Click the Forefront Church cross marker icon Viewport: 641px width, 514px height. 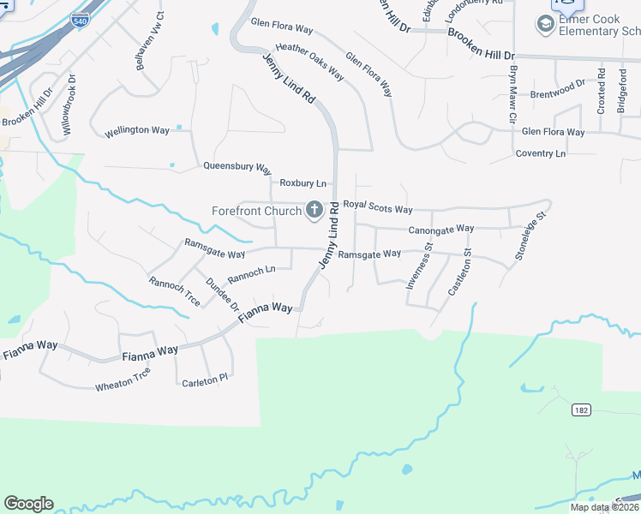point(315,210)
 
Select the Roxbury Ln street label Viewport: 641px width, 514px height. point(304,183)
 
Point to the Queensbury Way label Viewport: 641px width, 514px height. point(237,169)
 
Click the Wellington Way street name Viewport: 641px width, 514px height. point(137,131)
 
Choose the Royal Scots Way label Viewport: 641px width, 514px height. point(378,208)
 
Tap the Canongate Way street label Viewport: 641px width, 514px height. point(441,230)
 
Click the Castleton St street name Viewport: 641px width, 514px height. point(461,272)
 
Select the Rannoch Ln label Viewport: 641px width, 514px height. point(251,275)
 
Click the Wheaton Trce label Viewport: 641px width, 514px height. point(123,380)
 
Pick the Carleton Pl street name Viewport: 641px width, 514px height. point(206,378)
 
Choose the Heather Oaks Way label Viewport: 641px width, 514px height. point(309,63)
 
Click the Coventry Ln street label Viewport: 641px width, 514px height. point(541,153)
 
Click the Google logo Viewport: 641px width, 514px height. point(28,504)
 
